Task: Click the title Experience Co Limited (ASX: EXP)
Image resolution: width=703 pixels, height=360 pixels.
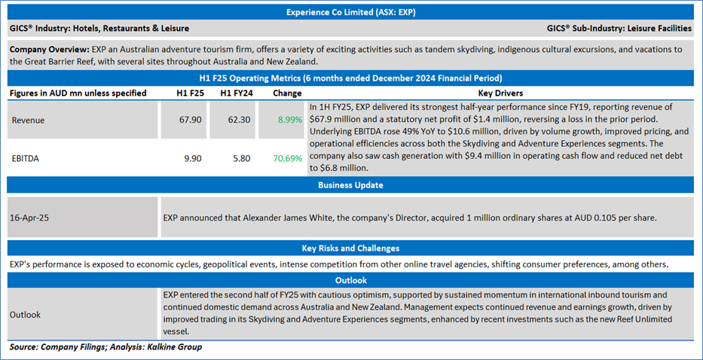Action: pos(351,12)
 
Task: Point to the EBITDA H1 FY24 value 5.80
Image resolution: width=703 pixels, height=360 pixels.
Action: pos(234,159)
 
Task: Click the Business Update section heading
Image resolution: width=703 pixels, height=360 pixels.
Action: pos(351,185)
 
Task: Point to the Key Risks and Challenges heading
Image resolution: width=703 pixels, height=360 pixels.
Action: pos(351,248)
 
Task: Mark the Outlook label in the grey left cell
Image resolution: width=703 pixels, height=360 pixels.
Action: pos(26,315)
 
